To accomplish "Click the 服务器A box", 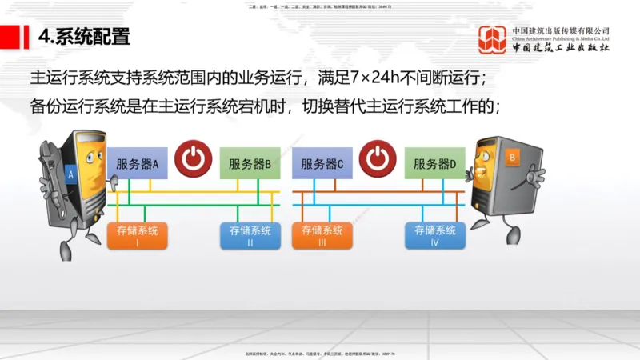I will click(x=138, y=164).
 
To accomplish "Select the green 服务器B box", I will click(x=250, y=164).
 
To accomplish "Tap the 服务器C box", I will click(x=322, y=164).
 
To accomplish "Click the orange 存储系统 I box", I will click(x=138, y=234).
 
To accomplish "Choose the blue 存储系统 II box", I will click(x=250, y=234).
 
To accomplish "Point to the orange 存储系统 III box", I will click(x=322, y=234).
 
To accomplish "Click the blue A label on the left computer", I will click(x=71, y=173).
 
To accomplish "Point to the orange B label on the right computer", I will click(x=511, y=158).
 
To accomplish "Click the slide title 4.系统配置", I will click(x=84, y=37).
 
